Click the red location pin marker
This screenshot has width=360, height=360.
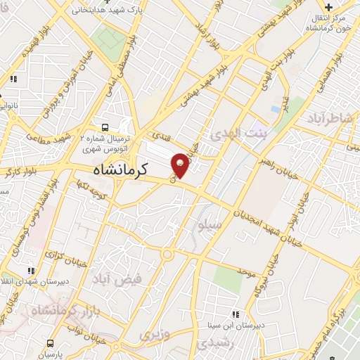tap(181, 165)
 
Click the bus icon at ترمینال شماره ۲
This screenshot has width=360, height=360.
tap(104, 127)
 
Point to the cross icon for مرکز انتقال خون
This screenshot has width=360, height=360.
tap(328, 7)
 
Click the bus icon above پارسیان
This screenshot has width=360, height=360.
tap(50, 343)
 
